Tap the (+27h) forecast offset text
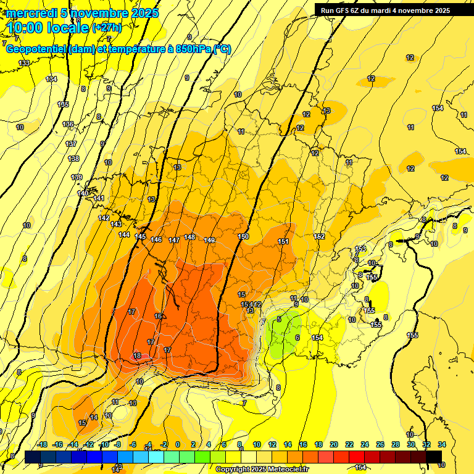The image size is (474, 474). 107,28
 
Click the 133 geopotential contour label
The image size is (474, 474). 24,64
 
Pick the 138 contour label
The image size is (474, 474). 74,159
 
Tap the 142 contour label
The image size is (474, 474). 104,218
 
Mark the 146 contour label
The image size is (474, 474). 156,239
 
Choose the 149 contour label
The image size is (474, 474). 209,240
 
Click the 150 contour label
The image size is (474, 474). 243,237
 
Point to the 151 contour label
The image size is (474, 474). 283,241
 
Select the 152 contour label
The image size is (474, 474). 319,236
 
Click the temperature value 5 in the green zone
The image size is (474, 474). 279,319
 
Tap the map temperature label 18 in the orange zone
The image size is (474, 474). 137,355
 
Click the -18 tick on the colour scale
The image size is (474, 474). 42,444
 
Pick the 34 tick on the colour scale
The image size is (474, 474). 442,444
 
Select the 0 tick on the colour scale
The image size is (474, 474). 178,444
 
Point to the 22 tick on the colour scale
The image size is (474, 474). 349,444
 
